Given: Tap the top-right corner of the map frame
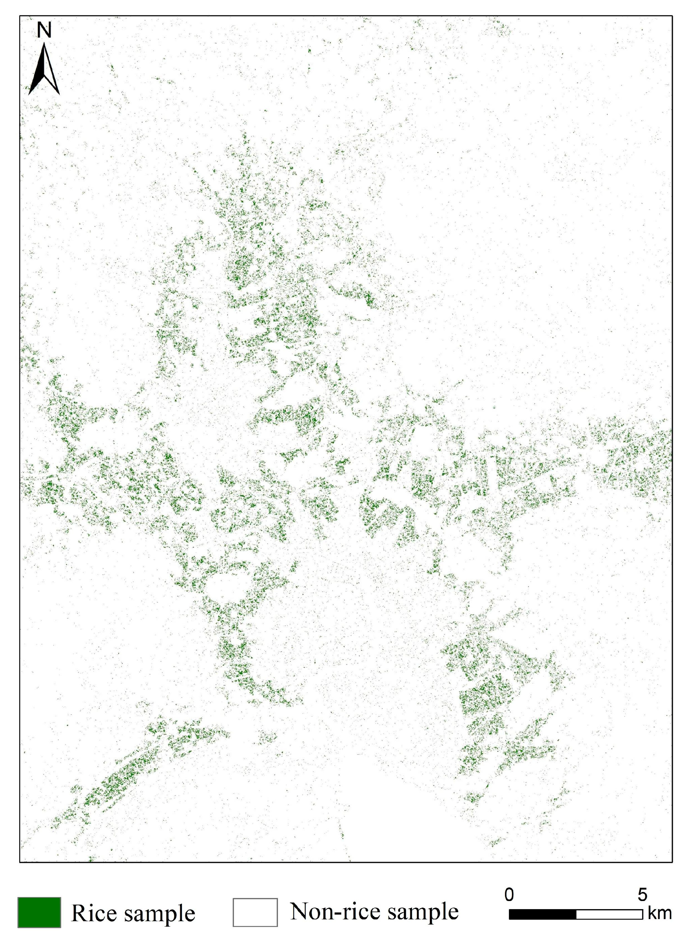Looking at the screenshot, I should click(x=672, y=16).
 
